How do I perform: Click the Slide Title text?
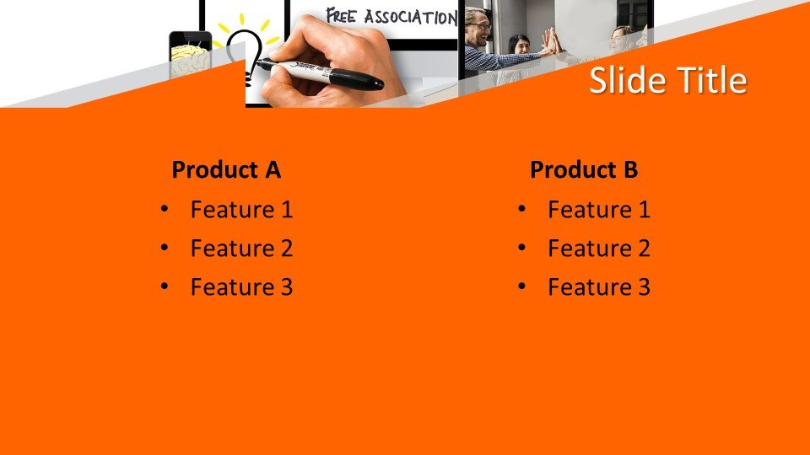click(668, 80)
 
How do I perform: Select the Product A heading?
click(226, 169)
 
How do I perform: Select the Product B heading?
click(584, 169)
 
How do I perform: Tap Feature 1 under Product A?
click(242, 210)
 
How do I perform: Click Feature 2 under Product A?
click(242, 248)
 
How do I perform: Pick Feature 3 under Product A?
click(242, 286)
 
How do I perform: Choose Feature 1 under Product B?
click(599, 210)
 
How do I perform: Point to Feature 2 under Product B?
click(599, 248)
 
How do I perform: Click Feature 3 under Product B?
click(599, 286)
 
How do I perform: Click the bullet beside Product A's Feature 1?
click(165, 209)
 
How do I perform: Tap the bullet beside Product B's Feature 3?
click(521, 286)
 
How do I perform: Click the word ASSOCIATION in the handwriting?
click(411, 17)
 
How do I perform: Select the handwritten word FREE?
click(342, 16)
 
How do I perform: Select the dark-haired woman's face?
click(521, 45)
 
